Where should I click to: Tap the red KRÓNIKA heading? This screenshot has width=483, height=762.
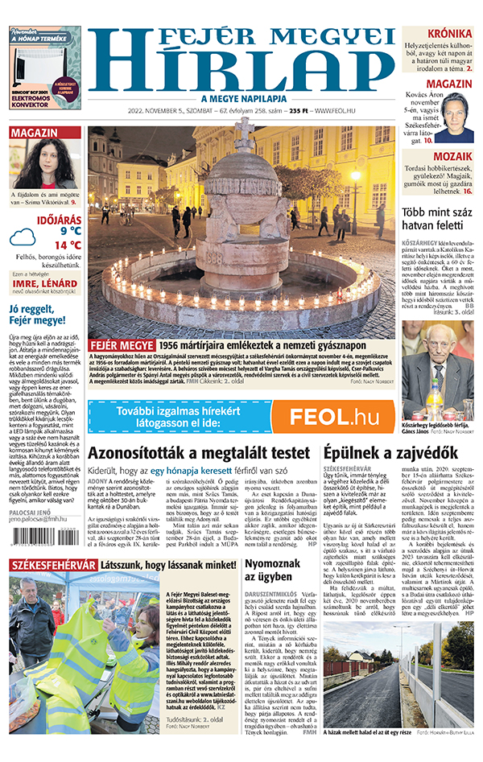click(449, 33)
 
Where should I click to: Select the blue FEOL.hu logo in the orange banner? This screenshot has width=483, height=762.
click(333, 415)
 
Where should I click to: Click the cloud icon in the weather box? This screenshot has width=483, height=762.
click(23, 237)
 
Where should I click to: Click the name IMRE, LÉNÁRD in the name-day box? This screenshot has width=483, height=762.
click(45, 283)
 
